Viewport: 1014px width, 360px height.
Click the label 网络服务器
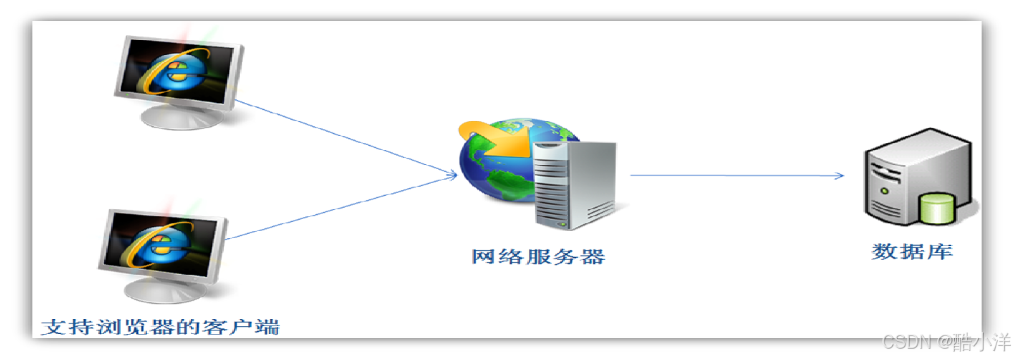[538, 256]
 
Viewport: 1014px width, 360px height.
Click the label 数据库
[912, 252]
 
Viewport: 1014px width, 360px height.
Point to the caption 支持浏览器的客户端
[160, 328]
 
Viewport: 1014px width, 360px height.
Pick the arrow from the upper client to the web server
[345, 137]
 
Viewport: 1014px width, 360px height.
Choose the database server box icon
[908, 176]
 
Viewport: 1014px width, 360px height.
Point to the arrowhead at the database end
[839, 175]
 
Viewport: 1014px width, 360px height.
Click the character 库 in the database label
[940, 252]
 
